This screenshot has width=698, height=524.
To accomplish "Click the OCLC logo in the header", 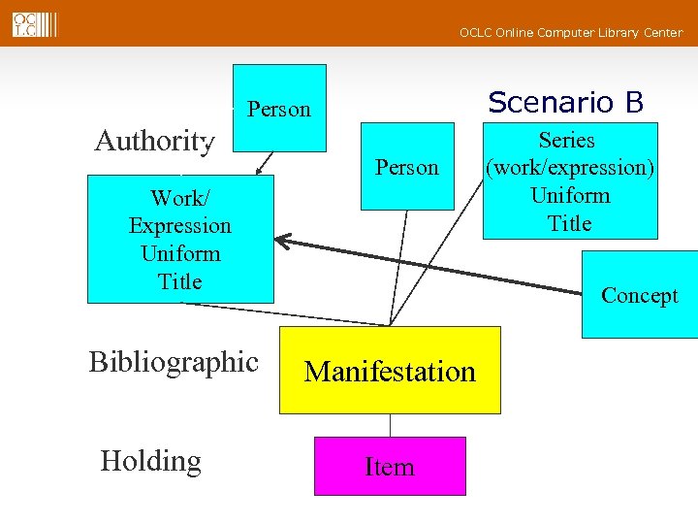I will tap(34, 23).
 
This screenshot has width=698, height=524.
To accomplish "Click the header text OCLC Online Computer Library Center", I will tap(570, 33).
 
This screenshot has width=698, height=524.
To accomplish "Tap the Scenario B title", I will tap(565, 102).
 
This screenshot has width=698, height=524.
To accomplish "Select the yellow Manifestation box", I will tap(390, 370).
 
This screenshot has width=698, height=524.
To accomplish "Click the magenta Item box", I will tap(390, 466).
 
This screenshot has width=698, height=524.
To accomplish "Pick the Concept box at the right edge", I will tap(639, 295).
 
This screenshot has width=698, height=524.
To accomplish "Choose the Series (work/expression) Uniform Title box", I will tap(569, 180).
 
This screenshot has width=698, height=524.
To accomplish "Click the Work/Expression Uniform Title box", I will tap(180, 239).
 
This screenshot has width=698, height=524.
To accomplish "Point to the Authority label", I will tap(153, 142).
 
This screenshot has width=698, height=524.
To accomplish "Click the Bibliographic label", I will tap(174, 362).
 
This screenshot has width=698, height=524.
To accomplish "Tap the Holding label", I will tap(150, 461).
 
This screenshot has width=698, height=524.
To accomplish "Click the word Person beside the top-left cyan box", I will tap(279, 109).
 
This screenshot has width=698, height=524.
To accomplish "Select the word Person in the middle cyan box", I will tap(407, 167).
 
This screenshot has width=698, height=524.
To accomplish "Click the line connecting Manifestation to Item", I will tap(390, 425).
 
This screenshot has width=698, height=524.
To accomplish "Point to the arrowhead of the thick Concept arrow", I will tap(282, 239).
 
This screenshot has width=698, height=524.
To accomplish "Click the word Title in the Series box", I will tap(569, 223).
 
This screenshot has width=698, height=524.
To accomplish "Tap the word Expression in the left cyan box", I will tap(180, 225).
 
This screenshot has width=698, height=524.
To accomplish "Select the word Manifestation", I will tap(390, 371).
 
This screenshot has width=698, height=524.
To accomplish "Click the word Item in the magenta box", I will tap(390, 467).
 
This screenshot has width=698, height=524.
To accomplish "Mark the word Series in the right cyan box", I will tap(567, 140).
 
